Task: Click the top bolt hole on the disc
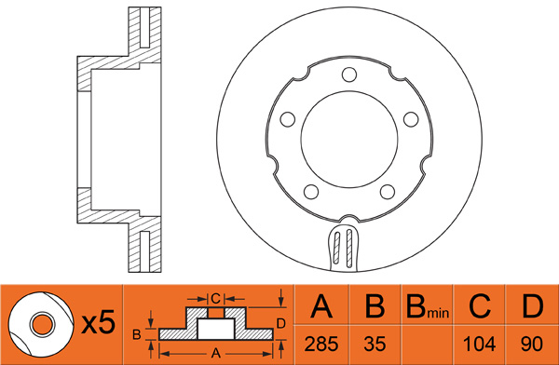[x=349, y=74]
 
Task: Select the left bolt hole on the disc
[x=287, y=119]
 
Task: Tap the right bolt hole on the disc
[x=411, y=119]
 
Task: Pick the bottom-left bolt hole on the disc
[x=311, y=192]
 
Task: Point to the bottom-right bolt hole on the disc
[x=388, y=192]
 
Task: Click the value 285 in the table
[x=321, y=344]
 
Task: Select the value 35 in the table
[x=375, y=344]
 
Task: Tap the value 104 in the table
[x=479, y=344]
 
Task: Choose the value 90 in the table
[x=532, y=344]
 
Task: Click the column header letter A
[x=321, y=305]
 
